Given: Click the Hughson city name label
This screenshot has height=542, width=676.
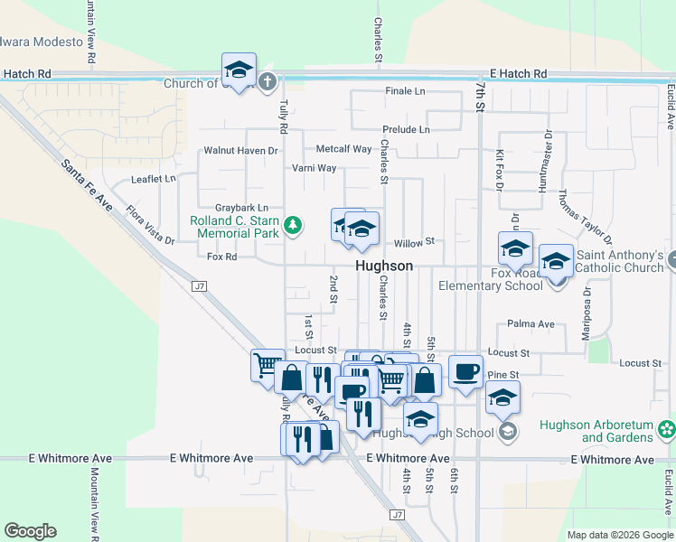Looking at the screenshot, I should pyautogui.click(x=384, y=266).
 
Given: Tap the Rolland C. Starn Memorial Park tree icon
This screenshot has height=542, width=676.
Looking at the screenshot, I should pyautogui.click(x=293, y=225).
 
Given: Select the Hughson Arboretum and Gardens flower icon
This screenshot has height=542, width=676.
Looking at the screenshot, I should pyautogui.click(x=667, y=427).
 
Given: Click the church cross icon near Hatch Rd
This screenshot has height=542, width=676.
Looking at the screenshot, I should pyautogui.click(x=267, y=83).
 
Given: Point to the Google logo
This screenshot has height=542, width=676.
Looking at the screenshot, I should pyautogui.click(x=30, y=531).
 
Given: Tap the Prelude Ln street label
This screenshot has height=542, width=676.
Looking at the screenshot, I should pyautogui.click(x=406, y=130).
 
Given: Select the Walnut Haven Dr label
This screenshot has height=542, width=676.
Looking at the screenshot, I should pyautogui.click(x=240, y=150).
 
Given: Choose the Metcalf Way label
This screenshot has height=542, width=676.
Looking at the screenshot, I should pyautogui.click(x=343, y=149).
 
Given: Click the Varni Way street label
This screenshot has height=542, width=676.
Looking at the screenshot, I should pyautogui.click(x=314, y=168).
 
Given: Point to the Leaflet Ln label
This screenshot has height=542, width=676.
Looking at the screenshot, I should pyautogui.click(x=153, y=179).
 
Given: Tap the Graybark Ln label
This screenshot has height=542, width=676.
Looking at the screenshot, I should pyautogui.click(x=241, y=208).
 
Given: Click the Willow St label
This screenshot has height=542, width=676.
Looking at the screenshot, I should pyautogui.click(x=415, y=242).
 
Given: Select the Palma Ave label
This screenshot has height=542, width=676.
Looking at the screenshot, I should pyautogui.click(x=530, y=323).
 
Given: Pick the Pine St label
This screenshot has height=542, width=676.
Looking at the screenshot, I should pyautogui.click(x=502, y=374).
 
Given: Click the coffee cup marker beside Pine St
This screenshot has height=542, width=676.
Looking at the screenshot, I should pyautogui.click(x=465, y=371).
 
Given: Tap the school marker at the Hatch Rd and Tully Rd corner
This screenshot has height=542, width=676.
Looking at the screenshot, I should pyautogui.click(x=239, y=70).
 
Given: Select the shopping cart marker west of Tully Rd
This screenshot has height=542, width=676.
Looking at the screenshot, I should pyautogui.click(x=267, y=366).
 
